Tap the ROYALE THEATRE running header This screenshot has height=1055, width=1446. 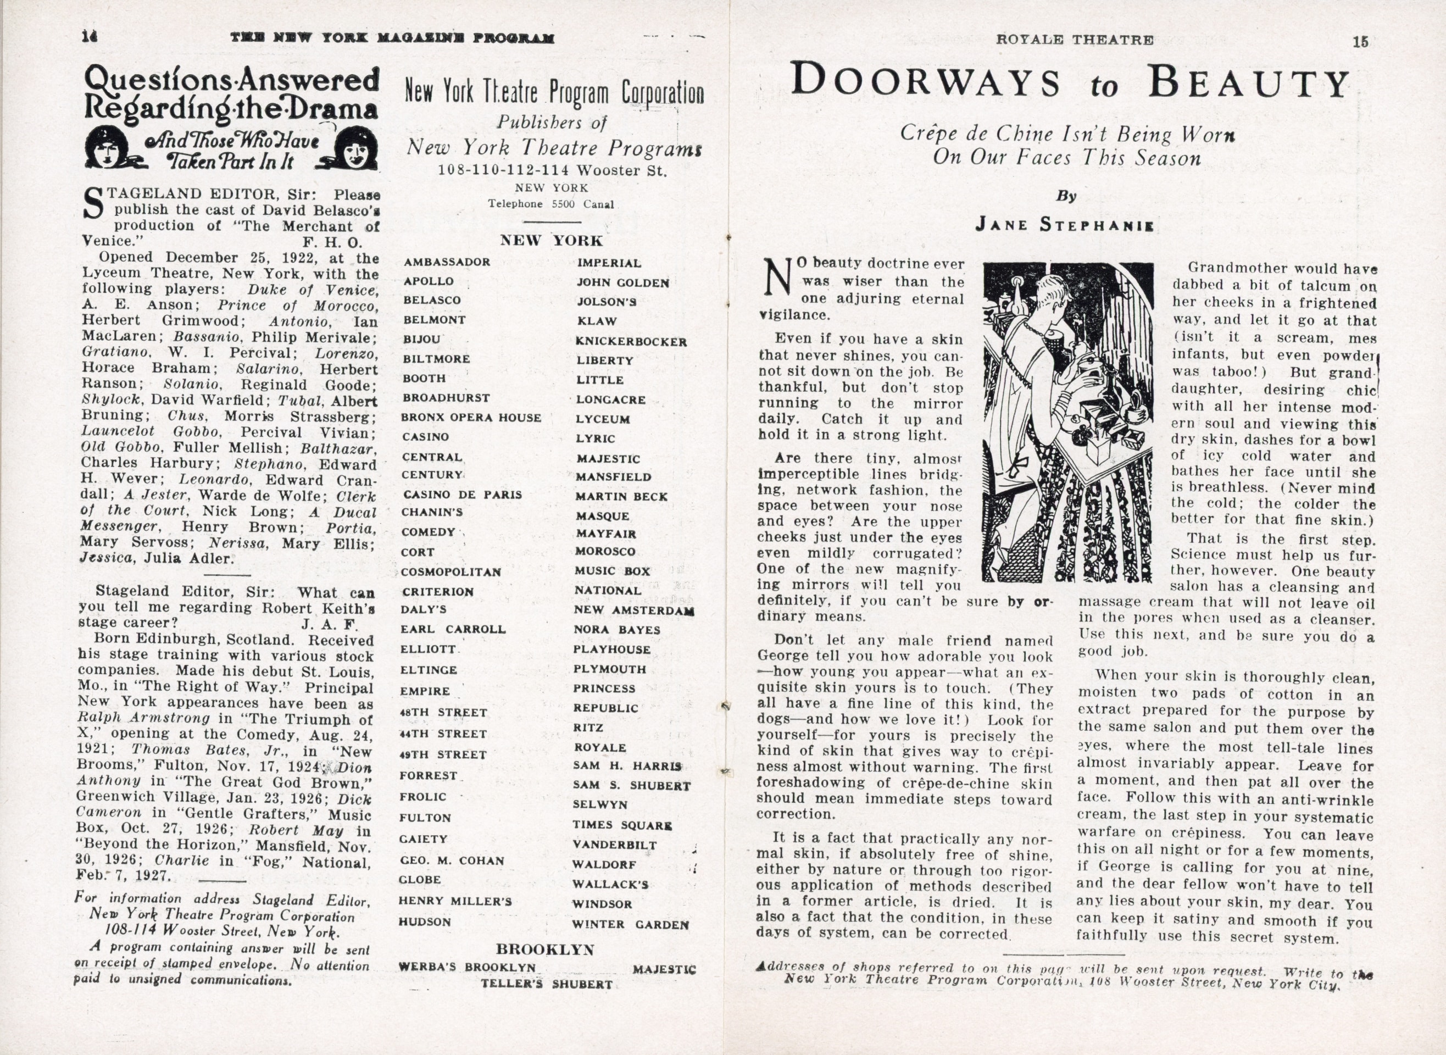(x=1075, y=40)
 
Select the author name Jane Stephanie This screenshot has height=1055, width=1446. (x=1065, y=224)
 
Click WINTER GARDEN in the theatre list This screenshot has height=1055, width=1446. (x=630, y=924)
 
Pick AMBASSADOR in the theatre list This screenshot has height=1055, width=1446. (x=447, y=262)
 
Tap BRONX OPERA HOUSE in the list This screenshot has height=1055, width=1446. (x=471, y=418)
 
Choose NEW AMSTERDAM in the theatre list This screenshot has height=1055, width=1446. (x=634, y=610)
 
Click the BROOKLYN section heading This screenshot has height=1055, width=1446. (x=544, y=949)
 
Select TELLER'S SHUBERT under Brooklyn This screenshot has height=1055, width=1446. (x=547, y=984)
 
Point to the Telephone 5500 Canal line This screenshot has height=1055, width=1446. (x=550, y=204)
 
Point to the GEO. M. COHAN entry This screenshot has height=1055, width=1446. (x=452, y=860)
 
